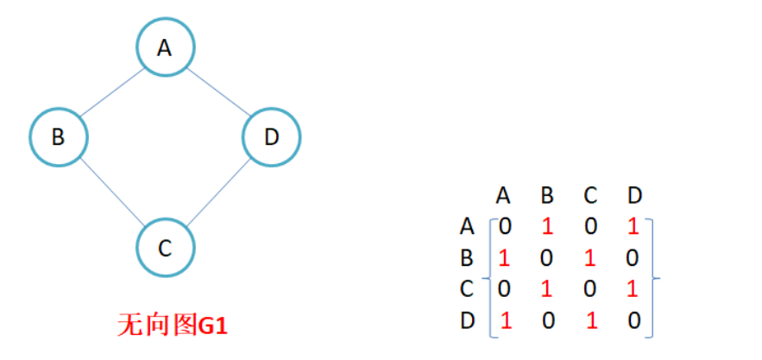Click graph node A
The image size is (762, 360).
(x=165, y=47)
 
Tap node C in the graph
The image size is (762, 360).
(x=165, y=248)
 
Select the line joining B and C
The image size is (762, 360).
(x=111, y=193)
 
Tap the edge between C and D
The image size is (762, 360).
(x=218, y=193)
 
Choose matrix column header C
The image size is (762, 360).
(x=591, y=195)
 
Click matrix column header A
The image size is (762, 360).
(x=505, y=195)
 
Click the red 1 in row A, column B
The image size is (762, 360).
(x=546, y=227)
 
